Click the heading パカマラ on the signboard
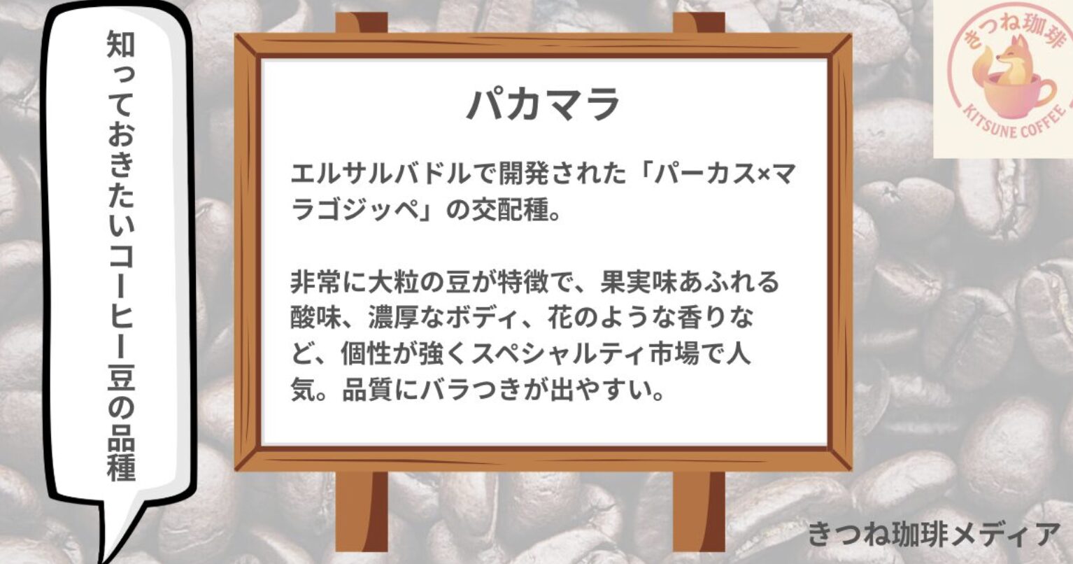pos(543,104)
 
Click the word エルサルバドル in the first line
pos(381,174)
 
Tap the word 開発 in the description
pos(524,174)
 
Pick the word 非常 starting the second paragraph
pos(315,282)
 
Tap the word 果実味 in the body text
pos(639,282)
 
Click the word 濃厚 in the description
pos(393,318)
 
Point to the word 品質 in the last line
pos(367,391)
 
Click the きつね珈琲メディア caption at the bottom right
pos(934,535)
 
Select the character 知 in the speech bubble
pos(121,44)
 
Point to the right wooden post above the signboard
pos(699,23)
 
